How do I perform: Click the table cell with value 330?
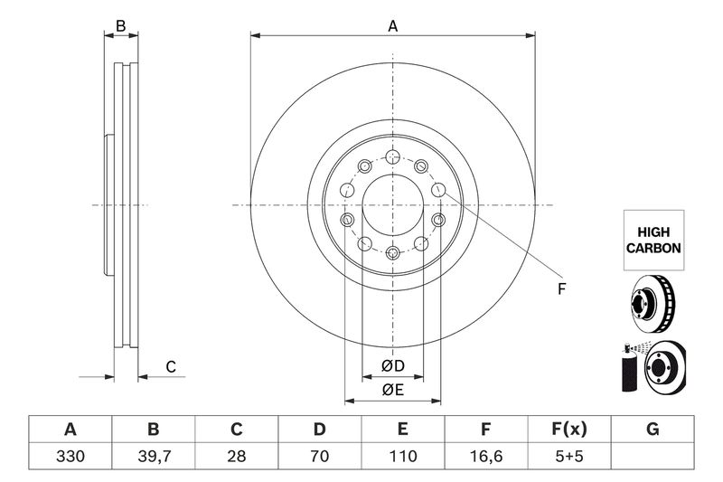pos(70,456)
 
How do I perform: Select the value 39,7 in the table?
pos(154,456)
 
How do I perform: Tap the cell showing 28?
pos(237,456)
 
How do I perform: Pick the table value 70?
pos(320,456)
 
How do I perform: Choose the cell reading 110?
pos(403,456)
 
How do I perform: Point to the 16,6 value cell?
pos(486,456)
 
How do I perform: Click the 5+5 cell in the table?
pos(569,456)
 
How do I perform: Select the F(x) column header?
pos(569,430)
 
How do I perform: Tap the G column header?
pos(653,430)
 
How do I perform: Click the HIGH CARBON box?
pos(653,241)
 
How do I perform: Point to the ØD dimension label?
pos(393,366)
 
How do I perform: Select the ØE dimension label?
pos(393,391)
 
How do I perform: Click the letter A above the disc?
pos(393,26)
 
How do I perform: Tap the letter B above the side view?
pos(121,26)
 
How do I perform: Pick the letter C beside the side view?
pos(171,367)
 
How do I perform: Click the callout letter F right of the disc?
pos(561,289)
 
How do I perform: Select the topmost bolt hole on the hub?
pos(393,156)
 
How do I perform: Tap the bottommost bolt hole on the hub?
pos(393,253)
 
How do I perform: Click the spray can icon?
pos(628,368)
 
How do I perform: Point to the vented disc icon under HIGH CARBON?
pos(653,304)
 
